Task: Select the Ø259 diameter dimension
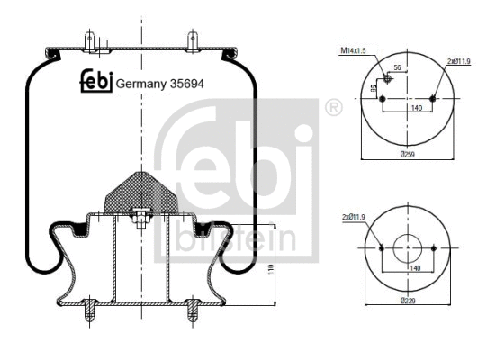pyautogui.click(x=408, y=154)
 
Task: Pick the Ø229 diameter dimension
pyautogui.click(x=408, y=301)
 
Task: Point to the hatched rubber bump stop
pyautogui.click(x=139, y=190)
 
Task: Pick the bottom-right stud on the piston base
pyautogui.click(x=190, y=314)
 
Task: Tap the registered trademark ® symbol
pyautogui.click(x=333, y=109)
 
